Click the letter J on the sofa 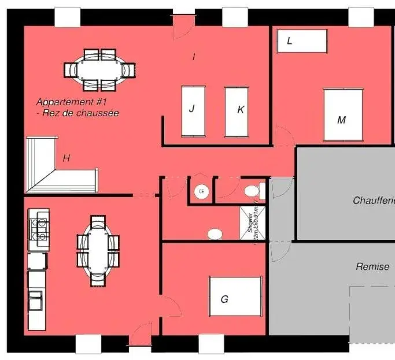pyautogui.click(x=191, y=108)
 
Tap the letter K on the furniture pyautogui.click(x=241, y=109)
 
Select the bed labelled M pyautogui.click(x=342, y=115)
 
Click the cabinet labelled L pyautogui.click(x=302, y=41)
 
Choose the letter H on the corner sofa pyautogui.click(x=67, y=158)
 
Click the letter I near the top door pyautogui.click(x=194, y=56)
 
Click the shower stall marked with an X pyautogui.click(x=253, y=222)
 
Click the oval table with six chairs pyautogui.click(x=98, y=250)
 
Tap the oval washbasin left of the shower pyautogui.click(x=231, y=234)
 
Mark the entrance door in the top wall pyautogui.click(x=184, y=26)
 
